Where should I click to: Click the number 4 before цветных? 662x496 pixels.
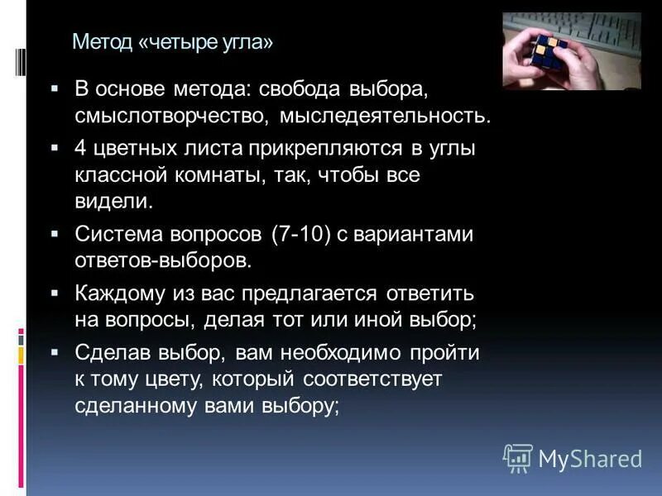point(80,149)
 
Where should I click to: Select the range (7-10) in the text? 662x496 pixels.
point(300,234)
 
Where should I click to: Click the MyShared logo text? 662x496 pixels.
point(590,458)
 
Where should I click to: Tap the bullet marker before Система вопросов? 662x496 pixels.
point(55,233)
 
